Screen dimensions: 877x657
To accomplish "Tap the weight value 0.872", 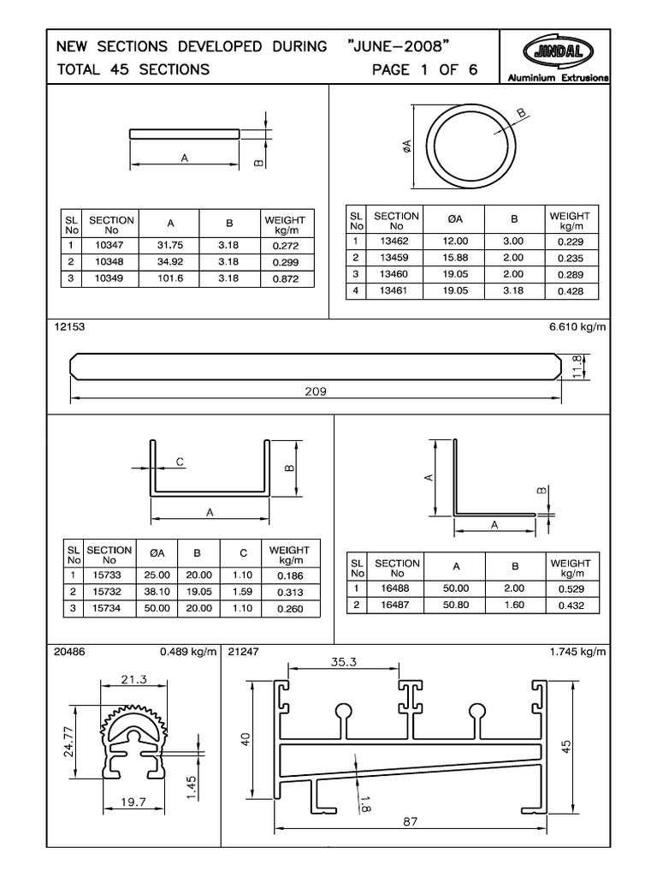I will click(284, 279).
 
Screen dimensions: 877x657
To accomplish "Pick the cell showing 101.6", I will click(170, 279).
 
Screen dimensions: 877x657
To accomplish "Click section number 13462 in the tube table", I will click(395, 242).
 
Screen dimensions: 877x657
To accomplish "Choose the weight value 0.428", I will click(569, 291).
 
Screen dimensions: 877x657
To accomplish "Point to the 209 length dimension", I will click(315, 391).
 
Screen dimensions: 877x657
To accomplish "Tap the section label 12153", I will click(69, 327).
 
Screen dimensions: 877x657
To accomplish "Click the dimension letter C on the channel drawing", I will click(180, 462).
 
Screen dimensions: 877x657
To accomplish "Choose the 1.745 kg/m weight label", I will click(577, 652).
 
